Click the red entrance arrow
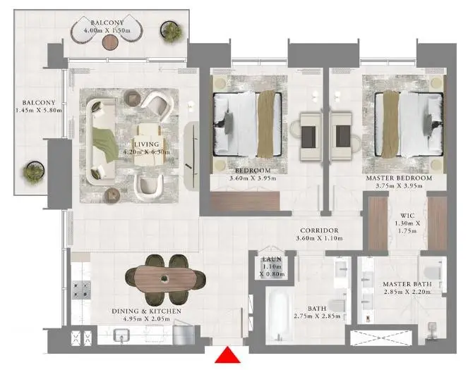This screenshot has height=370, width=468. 227,355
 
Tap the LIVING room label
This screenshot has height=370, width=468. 146,144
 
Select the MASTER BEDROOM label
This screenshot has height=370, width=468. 399,178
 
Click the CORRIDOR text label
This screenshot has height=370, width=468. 319,230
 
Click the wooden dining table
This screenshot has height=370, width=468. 165,278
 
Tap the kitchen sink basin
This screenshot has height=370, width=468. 121,335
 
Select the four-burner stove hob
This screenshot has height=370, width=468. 81,290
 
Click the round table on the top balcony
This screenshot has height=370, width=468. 110,42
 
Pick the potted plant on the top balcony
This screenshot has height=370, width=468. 172,30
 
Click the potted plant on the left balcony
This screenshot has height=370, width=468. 34,172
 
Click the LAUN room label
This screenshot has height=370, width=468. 272,259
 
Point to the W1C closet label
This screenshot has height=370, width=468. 407,216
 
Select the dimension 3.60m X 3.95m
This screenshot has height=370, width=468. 253,178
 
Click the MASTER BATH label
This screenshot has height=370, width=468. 407,284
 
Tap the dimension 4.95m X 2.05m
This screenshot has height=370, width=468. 147,319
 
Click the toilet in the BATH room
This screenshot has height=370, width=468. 337,306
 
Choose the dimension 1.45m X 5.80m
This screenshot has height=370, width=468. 39,110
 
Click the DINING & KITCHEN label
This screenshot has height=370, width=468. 147,312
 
